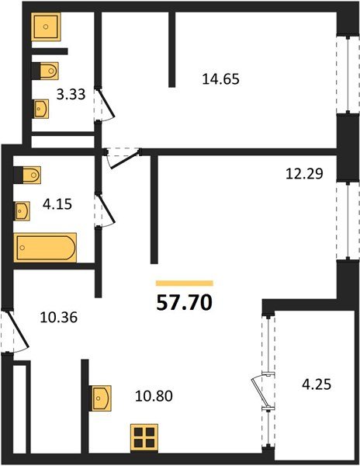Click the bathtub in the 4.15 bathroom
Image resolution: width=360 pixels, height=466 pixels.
pos(46,248)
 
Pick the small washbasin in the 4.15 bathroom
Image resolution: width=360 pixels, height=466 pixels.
pos(23,210)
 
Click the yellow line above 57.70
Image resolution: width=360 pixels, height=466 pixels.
pos(184,283)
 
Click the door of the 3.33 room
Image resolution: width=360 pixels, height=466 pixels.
pos(105,103)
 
